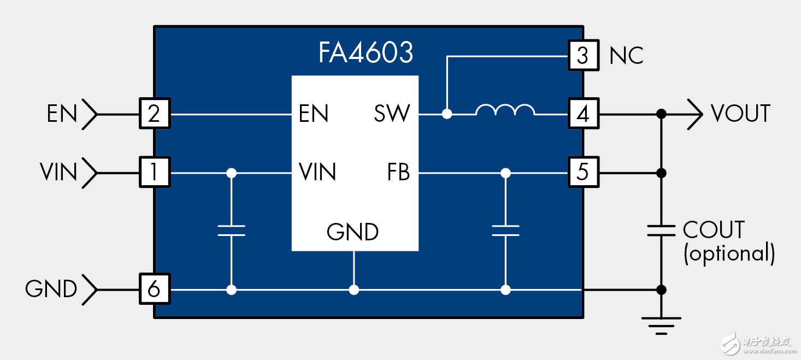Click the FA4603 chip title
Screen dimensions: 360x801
point(366,54)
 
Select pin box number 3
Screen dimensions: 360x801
point(582,55)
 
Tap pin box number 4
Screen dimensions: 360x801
point(582,114)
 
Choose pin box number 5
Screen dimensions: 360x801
point(582,173)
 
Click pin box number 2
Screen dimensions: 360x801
point(154,114)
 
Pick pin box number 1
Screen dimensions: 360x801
point(154,173)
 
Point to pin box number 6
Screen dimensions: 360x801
point(154,289)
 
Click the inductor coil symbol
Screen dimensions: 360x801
point(505,111)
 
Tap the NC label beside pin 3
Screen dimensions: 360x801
point(626,55)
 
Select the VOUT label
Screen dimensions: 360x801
point(740,114)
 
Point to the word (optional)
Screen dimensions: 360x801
point(729,254)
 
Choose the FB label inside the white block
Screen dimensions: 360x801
point(398,173)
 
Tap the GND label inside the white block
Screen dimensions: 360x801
point(352,232)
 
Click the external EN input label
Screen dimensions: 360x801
point(62,114)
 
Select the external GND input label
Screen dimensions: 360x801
point(51,289)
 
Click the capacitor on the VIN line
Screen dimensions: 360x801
point(231,230)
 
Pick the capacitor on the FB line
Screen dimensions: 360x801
point(505,230)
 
